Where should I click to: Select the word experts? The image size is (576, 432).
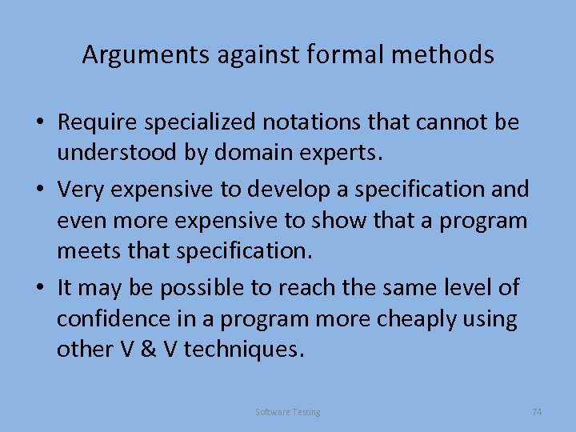[342, 152]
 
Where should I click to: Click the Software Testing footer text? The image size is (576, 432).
[287, 412]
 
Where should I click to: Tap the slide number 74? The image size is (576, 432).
[537, 411]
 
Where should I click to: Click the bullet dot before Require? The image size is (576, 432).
[38, 123]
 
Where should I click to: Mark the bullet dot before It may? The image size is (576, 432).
[38, 287]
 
